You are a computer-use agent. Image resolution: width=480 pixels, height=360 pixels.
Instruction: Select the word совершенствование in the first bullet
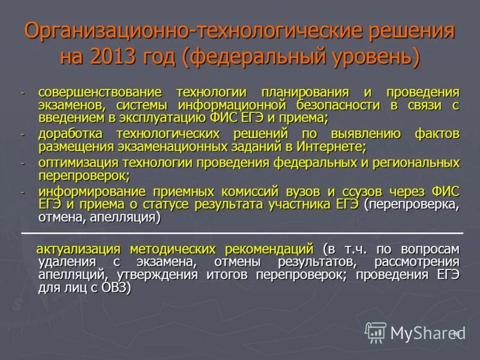click(x=100, y=92)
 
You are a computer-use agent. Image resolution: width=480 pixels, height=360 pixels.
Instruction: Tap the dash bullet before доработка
click(x=23, y=134)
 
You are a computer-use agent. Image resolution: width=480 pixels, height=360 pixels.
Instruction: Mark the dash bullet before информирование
click(x=23, y=193)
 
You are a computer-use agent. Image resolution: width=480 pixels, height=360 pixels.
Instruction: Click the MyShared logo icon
click(x=376, y=332)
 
